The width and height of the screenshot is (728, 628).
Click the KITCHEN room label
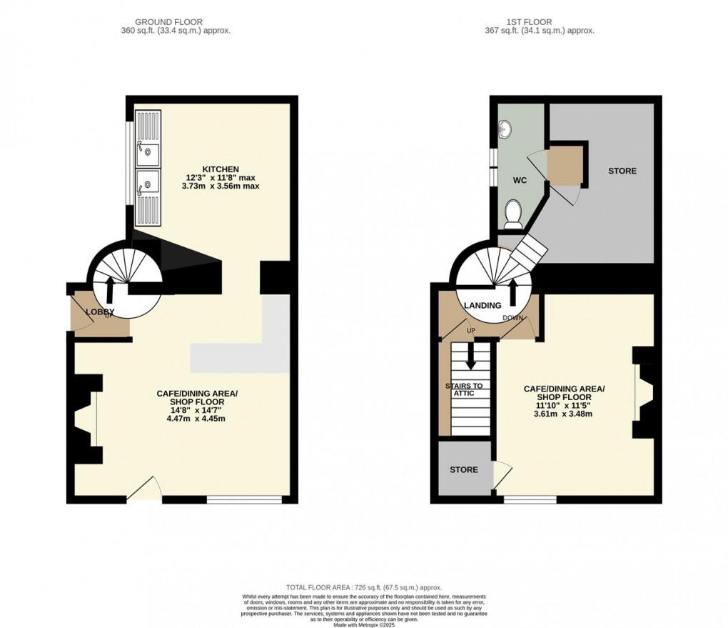coord(219,168)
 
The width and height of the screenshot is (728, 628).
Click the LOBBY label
coord(100,312)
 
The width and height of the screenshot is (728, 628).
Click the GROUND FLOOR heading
coord(176,22)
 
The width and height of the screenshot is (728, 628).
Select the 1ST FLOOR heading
coord(539,22)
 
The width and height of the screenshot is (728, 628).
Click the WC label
coord(520,181)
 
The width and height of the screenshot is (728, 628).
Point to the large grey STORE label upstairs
coord(622,171)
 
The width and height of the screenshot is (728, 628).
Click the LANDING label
coord(482,306)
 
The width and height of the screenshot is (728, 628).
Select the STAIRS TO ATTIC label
coord(464,390)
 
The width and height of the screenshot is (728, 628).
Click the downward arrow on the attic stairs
coord(470,354)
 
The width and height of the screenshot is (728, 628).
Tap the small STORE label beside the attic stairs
coord(463,469)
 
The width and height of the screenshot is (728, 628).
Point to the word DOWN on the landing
coord(512,318)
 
